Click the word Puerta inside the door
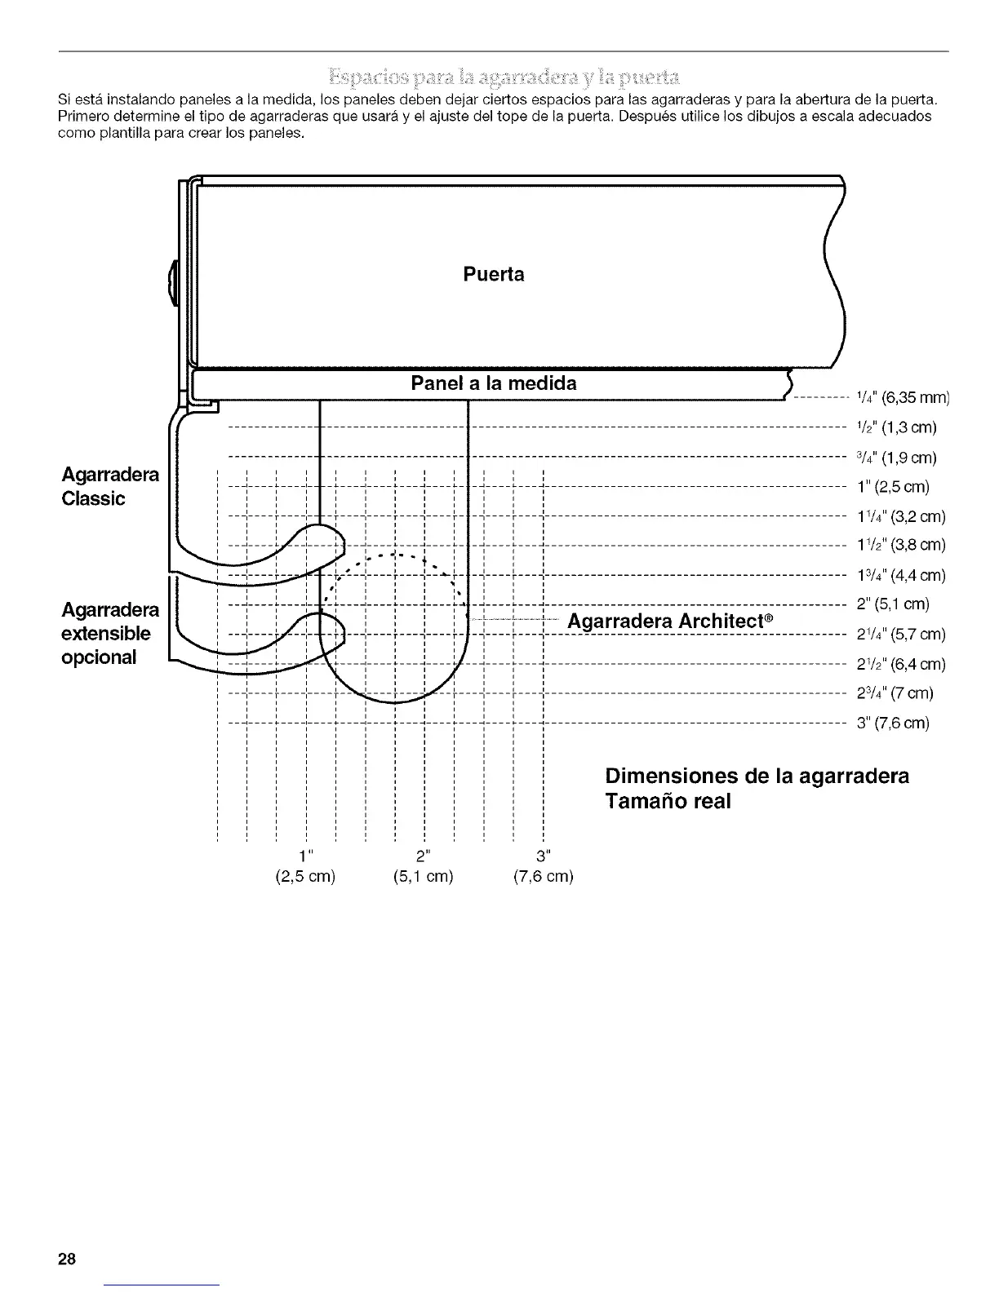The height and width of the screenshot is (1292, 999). pyautogui.click(x=493, y=275)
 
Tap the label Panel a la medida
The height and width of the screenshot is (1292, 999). pyautogui.click(x=493, y=383)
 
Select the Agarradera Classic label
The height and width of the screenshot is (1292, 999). pyautogui.click(x=110, y=487)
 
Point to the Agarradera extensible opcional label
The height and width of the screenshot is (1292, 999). pyautogui.click(x=110, y=634)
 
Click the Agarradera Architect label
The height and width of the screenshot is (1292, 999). pyautogui.click(x=670, y=622)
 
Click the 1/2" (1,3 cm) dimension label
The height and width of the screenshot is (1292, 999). pyautogui.click(x=896, y=427)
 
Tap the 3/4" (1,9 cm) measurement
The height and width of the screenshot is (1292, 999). pyautogui.click(x=896, y=457)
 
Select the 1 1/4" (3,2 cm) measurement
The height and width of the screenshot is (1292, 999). pyautogui.click(x=901, y=517)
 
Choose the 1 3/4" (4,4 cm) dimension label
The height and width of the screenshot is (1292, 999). pyautogui.click(x=901, y=576)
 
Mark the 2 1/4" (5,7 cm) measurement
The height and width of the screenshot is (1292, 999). pyautogui.click(x=901, y=635)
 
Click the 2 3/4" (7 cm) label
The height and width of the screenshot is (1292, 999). pyautogui.click(x=895, y=693)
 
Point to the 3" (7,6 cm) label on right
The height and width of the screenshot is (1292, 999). pyautogui.click(x=893, y=723)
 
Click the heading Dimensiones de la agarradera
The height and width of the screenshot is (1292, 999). pyautogui.click(x=757, y=775)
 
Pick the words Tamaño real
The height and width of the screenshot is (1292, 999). pyautogui.click(x=668, y=801)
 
